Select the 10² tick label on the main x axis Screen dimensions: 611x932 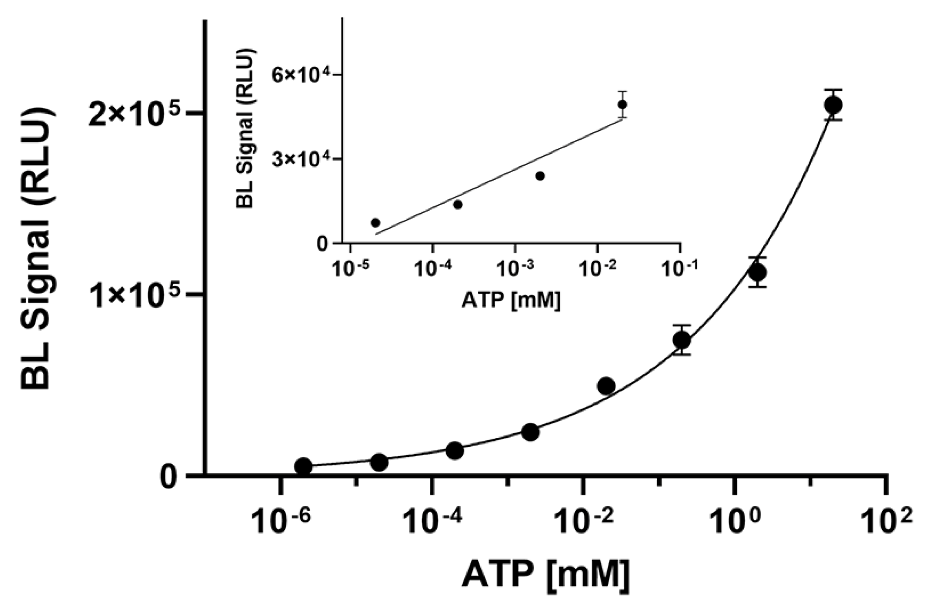pos(885,521)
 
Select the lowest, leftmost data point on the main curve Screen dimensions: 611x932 pos(303,466)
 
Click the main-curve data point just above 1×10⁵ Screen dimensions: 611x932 pos(758,272)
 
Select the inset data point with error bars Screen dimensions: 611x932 pos(622,104)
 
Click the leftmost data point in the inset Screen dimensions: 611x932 pos(375,223)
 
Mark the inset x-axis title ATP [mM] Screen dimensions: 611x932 pos(511,300)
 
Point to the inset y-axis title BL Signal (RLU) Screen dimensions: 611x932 pos(245,128)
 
